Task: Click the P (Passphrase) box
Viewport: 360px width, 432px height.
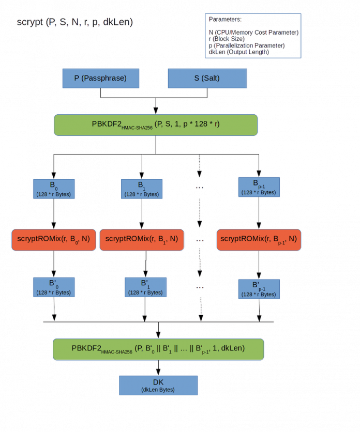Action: coord(100,79)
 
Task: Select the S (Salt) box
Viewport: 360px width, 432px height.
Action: coord(207,79)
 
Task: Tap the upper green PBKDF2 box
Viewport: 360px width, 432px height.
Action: coord(156,125)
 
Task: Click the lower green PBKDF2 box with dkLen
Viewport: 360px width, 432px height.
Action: coord(158,349)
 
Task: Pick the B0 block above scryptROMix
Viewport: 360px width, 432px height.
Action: coord(54,190)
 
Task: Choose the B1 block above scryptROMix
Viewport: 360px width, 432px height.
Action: coord(142,190)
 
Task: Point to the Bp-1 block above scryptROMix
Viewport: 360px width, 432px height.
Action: coord(259,187)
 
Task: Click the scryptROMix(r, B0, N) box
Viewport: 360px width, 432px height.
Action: coord(54,240)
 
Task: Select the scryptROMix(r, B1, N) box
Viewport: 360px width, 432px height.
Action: coord(142,240)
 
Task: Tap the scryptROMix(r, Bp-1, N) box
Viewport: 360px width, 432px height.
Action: coord(259,240)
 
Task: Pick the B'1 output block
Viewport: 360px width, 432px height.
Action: coord(145,287)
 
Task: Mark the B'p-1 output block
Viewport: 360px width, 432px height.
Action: coord(259,289)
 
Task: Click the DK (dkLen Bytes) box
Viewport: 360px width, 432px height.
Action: coord(158,385)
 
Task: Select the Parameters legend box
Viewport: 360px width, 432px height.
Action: coord(253,36)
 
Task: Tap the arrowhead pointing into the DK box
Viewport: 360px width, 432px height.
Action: coord(158,371)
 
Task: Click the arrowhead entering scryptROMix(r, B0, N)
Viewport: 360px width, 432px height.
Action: coord(54,225)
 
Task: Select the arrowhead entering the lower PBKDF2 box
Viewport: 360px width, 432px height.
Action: coord(158,333)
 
